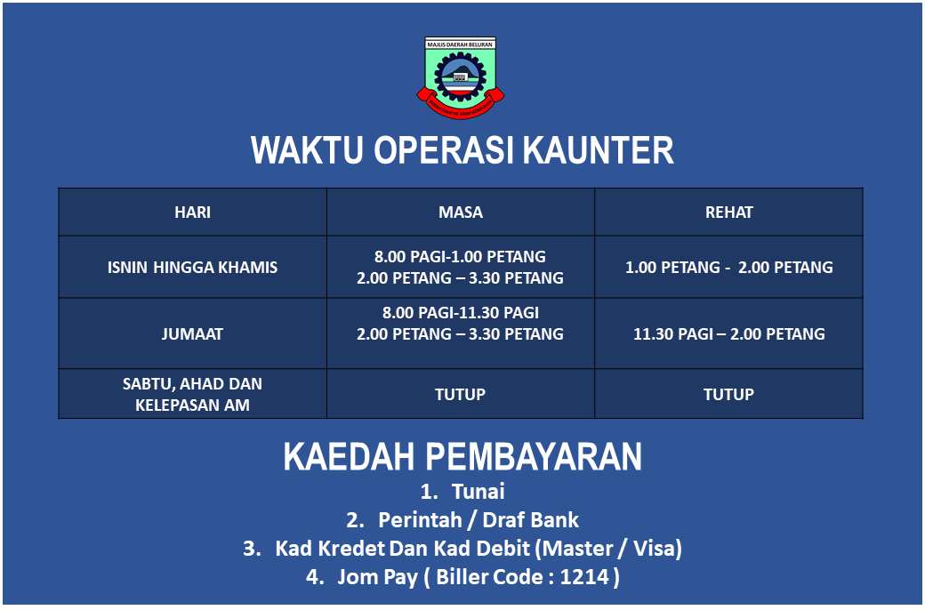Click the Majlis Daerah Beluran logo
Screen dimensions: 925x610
pos(461,77)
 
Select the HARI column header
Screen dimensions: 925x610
pos(192,213)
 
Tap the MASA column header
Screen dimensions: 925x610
pos(461,213)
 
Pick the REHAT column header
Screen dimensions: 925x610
pos(729,213)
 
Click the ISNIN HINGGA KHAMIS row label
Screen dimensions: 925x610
pos(192,268)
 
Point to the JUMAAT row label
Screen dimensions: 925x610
pos(192,334)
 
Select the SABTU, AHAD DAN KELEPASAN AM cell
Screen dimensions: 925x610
pos(192,395)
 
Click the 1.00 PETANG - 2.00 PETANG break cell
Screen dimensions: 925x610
pos(729,268)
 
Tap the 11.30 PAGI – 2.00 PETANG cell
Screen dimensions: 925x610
pos(729,334)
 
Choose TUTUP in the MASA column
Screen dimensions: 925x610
pos(460,394)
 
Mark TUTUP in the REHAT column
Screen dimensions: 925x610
pos(728,394)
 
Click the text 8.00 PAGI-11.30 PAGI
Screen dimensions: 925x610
pos(460,313)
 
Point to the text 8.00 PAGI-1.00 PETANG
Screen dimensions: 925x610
pos(460,257)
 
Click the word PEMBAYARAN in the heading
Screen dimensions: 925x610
pos(534,457)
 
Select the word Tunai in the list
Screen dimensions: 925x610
pos(479,492)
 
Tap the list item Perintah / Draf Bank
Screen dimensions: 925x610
pos(479,519)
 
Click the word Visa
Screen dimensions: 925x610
pos(655,549)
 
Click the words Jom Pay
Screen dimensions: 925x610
pos(377,577)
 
